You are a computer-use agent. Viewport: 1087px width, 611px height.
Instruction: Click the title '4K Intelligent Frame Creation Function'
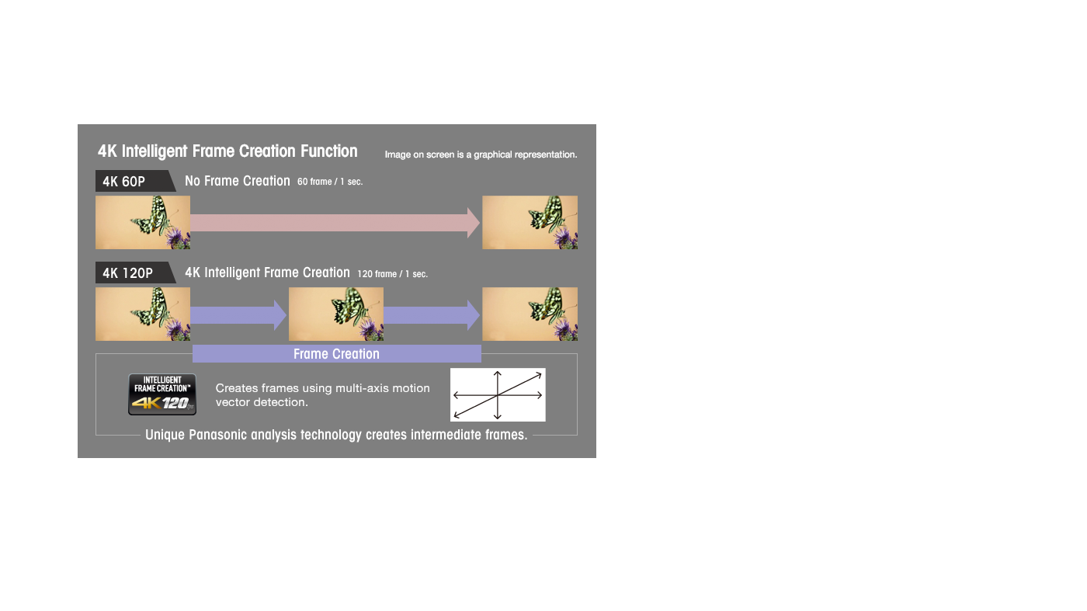[x=227, y=151]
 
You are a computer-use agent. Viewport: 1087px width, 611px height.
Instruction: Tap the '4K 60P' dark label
[x=135, y=181]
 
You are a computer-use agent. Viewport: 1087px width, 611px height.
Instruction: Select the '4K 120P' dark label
[x=135, y=273]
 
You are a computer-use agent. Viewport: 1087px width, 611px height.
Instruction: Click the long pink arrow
[x=335, y=223]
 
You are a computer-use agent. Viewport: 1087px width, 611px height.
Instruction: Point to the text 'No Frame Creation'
[x=238, y=181]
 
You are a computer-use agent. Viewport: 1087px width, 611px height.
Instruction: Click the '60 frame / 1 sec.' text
[x=330, y=182]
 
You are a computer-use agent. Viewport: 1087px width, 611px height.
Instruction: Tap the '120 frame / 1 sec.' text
[x=392, y=274]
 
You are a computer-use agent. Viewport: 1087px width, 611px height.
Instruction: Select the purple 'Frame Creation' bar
[x=337, y=354]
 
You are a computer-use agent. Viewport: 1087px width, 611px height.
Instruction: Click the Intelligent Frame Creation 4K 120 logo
[x=162, y=394]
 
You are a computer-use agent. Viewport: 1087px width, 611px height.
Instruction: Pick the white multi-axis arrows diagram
[x=498, y=394]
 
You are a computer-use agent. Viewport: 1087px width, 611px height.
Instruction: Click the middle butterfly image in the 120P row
[x=335, y=314]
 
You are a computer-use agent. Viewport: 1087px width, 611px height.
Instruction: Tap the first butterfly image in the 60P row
[x=143, y=222]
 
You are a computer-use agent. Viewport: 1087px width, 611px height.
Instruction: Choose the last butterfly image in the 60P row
[x=530, y=222]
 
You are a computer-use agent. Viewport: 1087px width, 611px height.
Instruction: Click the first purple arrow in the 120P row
[x=238, y=315]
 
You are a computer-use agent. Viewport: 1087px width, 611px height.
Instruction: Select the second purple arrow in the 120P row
[x=432, y=315]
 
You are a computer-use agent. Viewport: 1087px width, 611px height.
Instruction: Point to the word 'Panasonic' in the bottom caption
[x=218, y=435]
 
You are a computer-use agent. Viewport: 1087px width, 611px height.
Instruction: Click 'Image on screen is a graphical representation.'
[x=481, y=154]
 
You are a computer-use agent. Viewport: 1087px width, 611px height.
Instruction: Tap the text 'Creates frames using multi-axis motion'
[x=323, y=388]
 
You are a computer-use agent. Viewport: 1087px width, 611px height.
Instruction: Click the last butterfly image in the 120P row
[x=530, y=314]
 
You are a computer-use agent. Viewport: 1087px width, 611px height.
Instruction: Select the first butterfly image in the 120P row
[x=143, y=314]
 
